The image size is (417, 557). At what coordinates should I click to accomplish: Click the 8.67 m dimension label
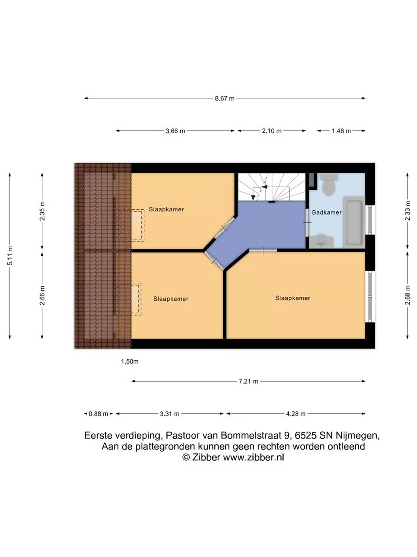point(225,98)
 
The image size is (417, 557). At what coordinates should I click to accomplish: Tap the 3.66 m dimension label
point(175,131)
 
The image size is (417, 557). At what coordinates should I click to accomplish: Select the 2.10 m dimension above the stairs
point(271,131)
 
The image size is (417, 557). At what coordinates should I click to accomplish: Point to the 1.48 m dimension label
point(341,131)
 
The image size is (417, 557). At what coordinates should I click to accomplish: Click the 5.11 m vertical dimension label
point(10,256)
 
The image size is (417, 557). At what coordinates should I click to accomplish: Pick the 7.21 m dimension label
point(248,381)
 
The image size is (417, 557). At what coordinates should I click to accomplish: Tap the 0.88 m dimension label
point(98,414)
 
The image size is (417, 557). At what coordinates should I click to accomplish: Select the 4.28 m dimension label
point(296,414)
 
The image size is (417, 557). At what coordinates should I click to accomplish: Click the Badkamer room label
point(327,212)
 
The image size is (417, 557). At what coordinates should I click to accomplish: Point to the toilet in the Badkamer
point(329,184)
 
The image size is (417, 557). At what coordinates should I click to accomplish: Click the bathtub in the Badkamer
point(354,222)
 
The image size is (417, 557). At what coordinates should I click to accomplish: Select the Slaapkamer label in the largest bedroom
point(293,298)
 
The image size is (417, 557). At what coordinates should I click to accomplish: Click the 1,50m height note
point(129,362)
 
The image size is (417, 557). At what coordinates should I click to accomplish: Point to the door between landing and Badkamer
point(307,222)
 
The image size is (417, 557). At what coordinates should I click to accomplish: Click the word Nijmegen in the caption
point(358,435)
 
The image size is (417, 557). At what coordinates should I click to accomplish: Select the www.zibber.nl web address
point(253,457)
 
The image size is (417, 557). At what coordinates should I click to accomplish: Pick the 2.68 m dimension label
point(407,295)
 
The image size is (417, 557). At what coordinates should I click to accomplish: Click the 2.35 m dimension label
point(42,211)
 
